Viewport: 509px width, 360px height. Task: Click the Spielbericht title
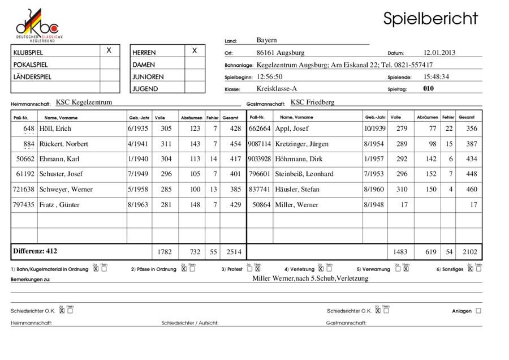[430, 18]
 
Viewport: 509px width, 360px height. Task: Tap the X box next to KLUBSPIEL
[109, 51]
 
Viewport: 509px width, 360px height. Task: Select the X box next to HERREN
[195, 51]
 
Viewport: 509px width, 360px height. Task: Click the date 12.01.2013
[439, 53]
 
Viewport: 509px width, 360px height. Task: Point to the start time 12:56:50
[269, 76]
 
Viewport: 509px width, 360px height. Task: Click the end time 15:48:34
[436, 76]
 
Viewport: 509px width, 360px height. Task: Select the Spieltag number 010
[428, 89]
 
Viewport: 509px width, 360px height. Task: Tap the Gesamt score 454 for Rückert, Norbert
[231, 144]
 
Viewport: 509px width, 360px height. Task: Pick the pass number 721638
[23, 190]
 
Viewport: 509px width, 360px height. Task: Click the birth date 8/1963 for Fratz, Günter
[139, 205]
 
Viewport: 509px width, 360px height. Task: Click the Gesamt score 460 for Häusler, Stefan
[471, 190]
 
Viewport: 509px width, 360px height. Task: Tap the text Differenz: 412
[35, 251]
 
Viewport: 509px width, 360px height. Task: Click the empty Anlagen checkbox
[478, 311]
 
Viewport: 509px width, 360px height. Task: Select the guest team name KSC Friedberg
[312, 102]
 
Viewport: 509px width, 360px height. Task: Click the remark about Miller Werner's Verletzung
[310, 278]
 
